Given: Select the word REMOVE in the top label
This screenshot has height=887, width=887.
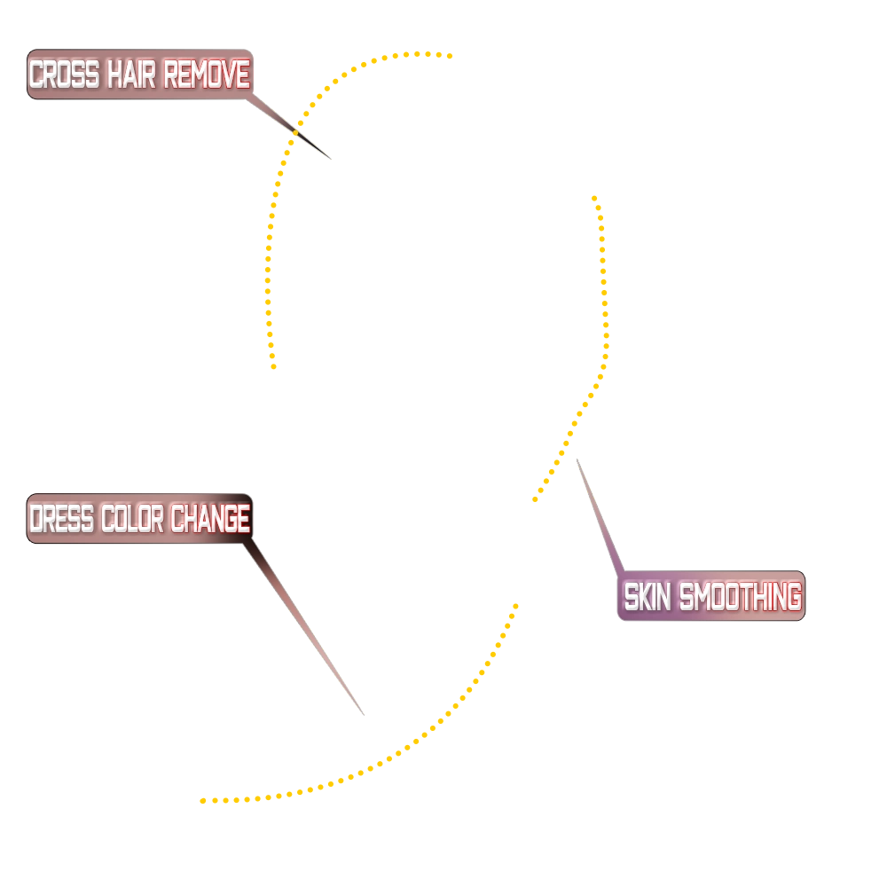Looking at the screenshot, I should pyautogui.click(x=207, y=75).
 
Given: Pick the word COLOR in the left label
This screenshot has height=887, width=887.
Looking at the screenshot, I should pyautogui.click(x=134, y=520).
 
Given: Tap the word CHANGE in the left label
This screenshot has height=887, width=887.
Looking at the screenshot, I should pyautogui.click(x=210, y=520).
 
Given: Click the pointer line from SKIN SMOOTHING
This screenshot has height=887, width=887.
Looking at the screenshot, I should pyautogui.click(x=599, y=514).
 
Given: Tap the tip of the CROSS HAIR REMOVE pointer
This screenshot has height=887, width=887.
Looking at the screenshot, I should pyautogui.click(x=330, y=159).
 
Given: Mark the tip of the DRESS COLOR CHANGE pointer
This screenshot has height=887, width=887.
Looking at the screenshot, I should pyautogui.click(x=363, y=714).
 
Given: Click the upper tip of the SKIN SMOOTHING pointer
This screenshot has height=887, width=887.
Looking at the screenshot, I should pyautogui.click(x=577, y=459).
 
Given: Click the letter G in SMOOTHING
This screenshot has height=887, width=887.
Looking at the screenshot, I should pyautogui.click(x=792, y=597).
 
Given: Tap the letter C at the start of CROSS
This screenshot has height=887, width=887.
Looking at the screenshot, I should pyautogui.click(x=37, y=75).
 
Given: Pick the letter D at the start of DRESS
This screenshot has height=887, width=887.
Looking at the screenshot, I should pyautogui.click(x=37, y=520).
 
